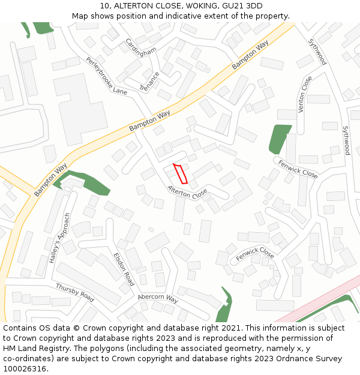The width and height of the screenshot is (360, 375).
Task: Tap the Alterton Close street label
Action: coord(187,193)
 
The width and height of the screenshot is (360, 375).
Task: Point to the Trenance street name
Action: coord(149,81)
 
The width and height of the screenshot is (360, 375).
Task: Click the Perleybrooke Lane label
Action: coord(107,76)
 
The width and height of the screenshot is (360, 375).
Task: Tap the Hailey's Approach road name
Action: coord(60,238)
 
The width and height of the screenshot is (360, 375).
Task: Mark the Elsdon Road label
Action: coord(124,269)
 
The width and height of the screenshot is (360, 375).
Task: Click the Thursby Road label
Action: coord(75,292)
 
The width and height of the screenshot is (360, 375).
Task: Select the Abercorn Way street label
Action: coord(158,298)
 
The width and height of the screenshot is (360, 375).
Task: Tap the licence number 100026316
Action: coord(25,368)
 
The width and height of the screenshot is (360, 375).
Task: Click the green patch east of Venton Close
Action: coord(278,138)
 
